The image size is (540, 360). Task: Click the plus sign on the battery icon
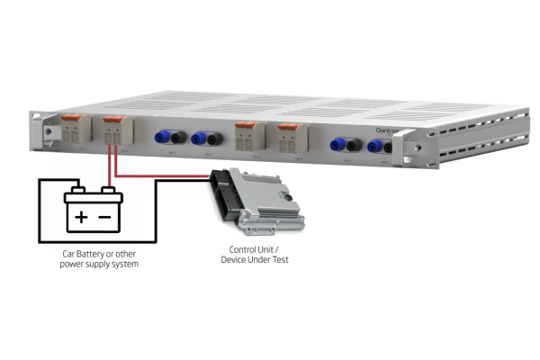tap(83, 217)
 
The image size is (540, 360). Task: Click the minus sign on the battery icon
tap(104, 217)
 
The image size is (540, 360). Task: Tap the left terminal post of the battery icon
tap(76, 192)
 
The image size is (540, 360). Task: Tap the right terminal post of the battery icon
tap(111, 192)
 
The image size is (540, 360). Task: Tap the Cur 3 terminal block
tap(245, 137)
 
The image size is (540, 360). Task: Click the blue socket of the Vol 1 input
tap(162, 139)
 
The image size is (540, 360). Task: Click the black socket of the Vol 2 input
tap(213, 139)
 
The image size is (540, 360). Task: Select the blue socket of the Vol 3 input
tap(338, 144)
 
